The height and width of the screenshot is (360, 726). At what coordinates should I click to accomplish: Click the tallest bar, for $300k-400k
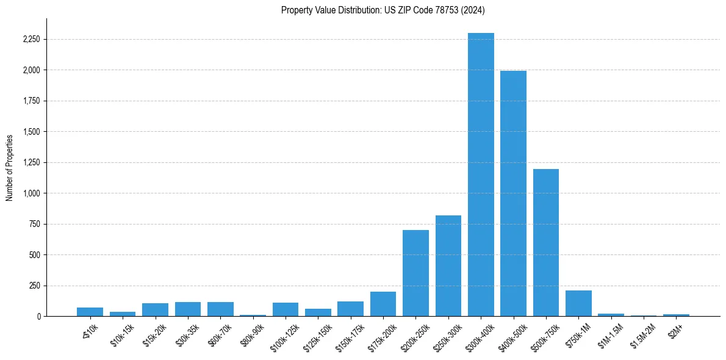pos(481,175)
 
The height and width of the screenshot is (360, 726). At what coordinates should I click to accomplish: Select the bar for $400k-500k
pos(513,193)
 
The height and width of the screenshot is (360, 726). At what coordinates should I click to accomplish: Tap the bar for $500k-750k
pos(546,242)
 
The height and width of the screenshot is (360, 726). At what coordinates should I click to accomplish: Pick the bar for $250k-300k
pos(448,265)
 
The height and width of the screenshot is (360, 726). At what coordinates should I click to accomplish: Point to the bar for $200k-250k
pos(415,273)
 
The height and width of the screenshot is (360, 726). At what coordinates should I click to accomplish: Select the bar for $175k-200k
pos(383,304)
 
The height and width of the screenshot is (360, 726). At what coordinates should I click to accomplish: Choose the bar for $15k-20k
pos(155,309)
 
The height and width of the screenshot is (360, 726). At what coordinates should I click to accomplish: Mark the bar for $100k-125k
pos(286,309)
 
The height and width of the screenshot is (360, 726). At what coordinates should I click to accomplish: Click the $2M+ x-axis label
pos(675,330)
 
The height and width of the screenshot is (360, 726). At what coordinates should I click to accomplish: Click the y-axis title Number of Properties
pos(10,167)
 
